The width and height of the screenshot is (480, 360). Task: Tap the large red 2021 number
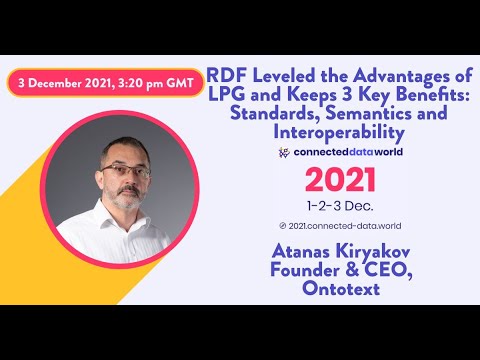[340, 180]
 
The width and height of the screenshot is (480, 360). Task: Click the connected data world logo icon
[285, 152]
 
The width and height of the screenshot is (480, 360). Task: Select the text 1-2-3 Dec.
[340, 206]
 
